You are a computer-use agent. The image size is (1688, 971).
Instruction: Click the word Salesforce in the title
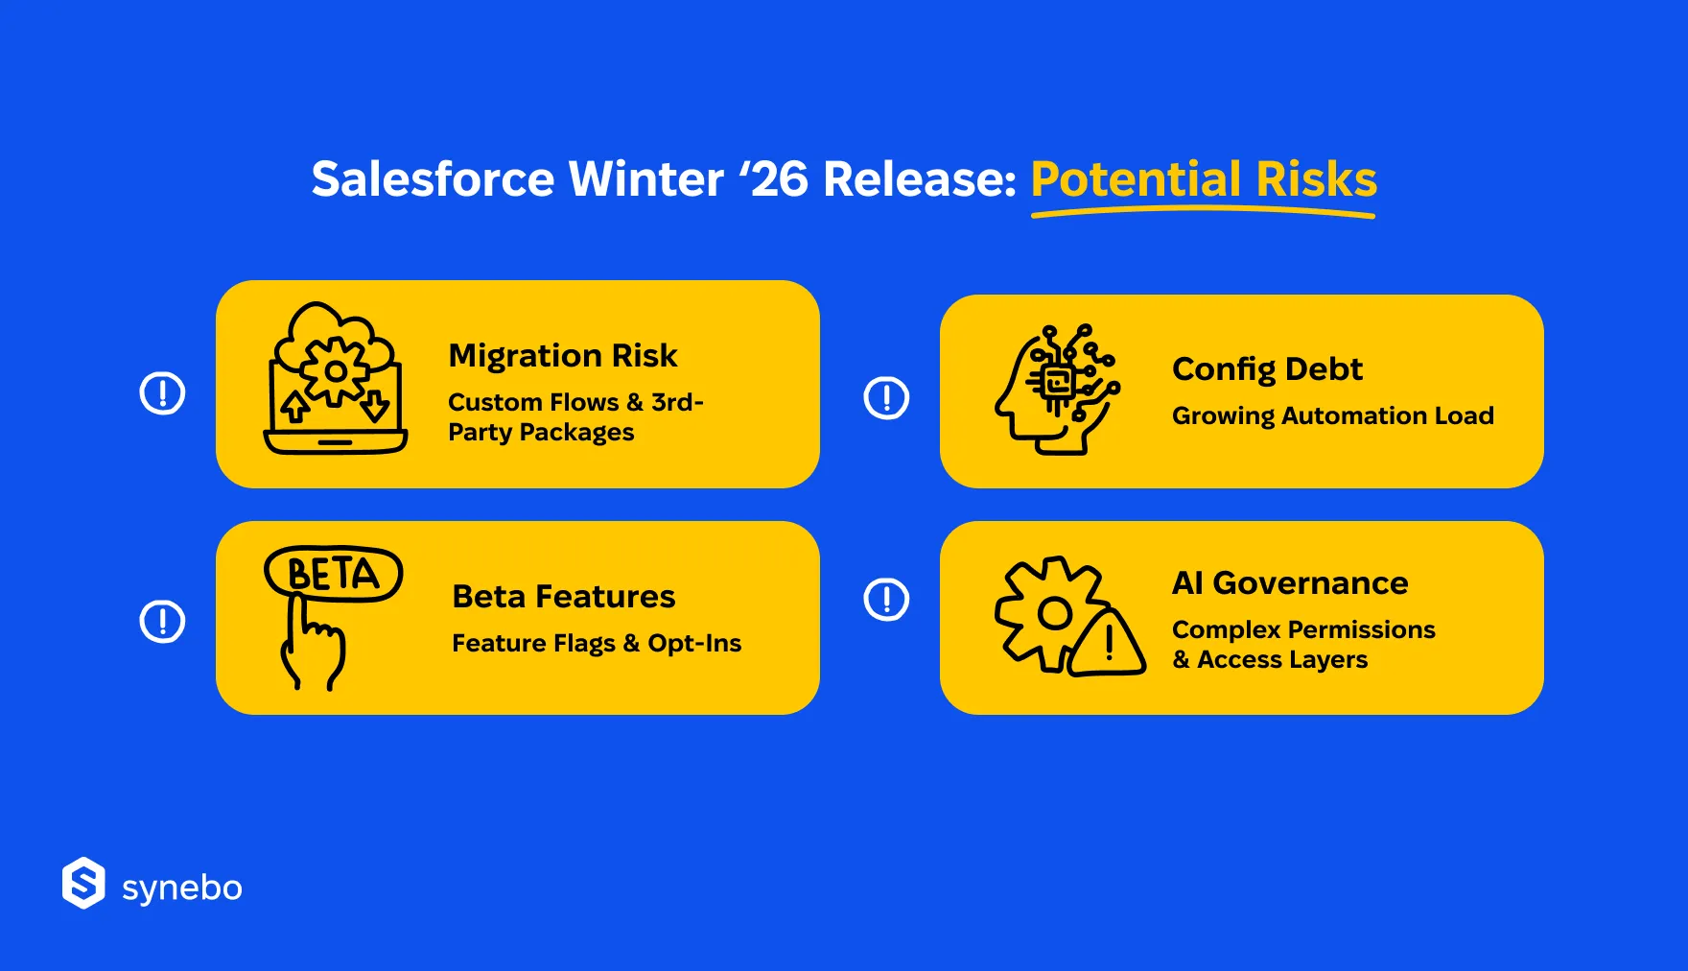[x=433, y=179]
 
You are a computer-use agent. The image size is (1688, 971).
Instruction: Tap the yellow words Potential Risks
[x=1204, y=179]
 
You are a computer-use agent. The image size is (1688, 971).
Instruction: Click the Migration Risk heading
[x=563, y=356]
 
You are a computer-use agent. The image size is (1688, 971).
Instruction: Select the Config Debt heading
[x=1267, y=369]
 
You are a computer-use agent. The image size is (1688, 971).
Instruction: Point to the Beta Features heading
[x=564, y=597]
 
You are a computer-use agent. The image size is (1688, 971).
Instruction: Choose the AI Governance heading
[x=1290, y=583]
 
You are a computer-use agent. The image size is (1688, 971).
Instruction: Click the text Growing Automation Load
[x=1333, y=415]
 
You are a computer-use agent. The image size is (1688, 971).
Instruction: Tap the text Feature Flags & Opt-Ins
[x=597, y=643]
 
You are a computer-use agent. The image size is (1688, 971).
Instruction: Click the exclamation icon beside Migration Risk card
[x=163, y=393]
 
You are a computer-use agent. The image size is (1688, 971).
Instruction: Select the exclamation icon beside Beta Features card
[x=163, y=622]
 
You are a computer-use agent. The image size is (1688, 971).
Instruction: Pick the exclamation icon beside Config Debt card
[x=887, y=398]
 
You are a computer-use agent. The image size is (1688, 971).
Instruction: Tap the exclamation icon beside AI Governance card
[x=887, y=600]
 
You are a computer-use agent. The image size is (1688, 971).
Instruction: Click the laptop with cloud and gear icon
[x=336, y=378]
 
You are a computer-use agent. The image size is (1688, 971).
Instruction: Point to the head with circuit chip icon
[x=1058, y=390]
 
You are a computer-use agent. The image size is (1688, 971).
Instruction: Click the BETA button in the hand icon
[x=334, y=574]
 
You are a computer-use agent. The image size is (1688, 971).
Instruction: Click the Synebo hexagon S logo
[x=83, y=883]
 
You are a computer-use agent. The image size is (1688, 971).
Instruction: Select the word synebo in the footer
[x=182, y=888]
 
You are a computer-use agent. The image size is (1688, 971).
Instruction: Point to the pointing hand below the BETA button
[x=313, y=643]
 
